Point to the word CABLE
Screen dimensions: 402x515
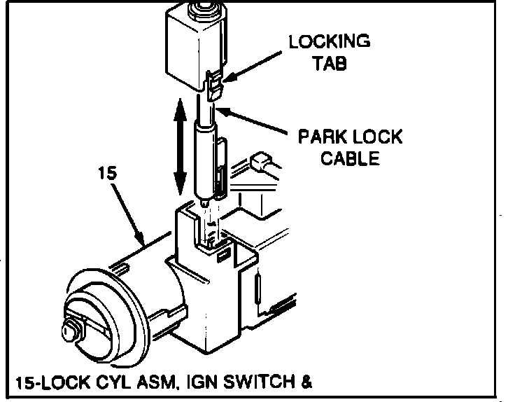click(x=350, y=158)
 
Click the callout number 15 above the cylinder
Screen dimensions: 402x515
click(x=106, y=174)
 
